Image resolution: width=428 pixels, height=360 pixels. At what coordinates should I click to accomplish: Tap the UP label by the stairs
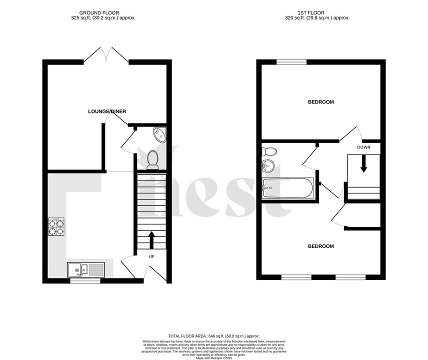pyautogui.click(x=151, y=256)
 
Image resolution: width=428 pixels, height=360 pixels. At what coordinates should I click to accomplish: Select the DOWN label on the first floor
pyautogui.click(x=363, y=147)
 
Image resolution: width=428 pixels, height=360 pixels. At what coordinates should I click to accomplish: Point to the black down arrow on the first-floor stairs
pyautogui.click(x=363, y=164)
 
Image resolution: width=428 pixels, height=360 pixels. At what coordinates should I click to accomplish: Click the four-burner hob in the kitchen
pyautogui.click(x=56, y=227)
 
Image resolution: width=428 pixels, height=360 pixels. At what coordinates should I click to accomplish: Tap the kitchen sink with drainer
pyautogui.click(x=85, y=270)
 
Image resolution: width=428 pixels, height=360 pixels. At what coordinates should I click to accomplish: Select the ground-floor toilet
pyautogui.click(x=153, y=159)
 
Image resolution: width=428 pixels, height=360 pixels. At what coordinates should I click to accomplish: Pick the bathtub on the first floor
pyautogui.click(x=287, y=188)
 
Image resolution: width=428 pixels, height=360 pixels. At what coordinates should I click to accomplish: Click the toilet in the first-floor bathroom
pyautogui.click(x=269, y=151)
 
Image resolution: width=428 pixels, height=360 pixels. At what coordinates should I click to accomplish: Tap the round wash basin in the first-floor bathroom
pyautogui.click(x=268, y=166)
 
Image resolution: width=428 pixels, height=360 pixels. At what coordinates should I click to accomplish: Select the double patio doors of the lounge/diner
pyautogui.click(x=106, y=55)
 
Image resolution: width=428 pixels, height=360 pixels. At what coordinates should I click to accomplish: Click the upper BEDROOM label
pyautogui.click(x=320, y=102)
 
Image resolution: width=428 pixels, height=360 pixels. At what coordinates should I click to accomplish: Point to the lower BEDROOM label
pyautogui.click(x=320, y=246)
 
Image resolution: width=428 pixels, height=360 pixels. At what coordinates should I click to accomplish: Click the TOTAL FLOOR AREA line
pyautogui.click(x=213, y=336)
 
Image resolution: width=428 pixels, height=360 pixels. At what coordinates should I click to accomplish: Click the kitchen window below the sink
pyautogui.click(x=85, y=281)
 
